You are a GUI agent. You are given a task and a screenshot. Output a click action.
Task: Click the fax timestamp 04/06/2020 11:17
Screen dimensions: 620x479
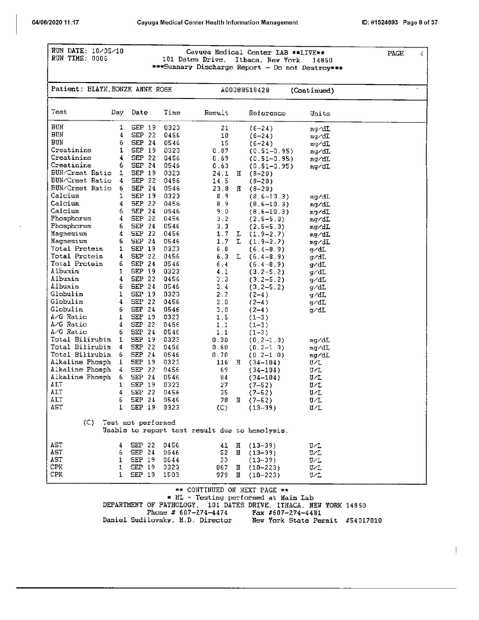pyautogui.click(x=55, y=22)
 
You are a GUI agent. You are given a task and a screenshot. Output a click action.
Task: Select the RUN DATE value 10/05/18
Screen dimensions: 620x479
pyautogui.click(x=108, y=51)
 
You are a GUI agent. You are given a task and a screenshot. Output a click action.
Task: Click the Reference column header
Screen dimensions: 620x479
pyautogui.click(x=267, y=113)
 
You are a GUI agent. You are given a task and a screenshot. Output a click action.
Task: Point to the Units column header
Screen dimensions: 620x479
pyautogui.click(x=320, y=114)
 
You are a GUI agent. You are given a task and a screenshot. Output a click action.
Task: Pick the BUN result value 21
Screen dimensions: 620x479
pyautogui.click(x=224, y=128)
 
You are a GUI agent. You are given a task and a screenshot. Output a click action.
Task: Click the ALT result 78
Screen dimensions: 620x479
pyautogui.click(x=224, y=401)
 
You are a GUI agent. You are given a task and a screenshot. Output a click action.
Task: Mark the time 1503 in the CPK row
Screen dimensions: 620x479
pyautogui.click(x=171, y=475)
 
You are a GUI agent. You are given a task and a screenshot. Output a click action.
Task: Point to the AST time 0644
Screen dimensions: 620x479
pyautogui.click(x=171, y=460)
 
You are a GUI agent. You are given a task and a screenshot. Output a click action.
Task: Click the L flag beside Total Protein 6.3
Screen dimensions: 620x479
pyautogui.click(x=239, y=257)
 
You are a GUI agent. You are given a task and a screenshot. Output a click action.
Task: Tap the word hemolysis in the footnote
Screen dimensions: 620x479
pyautogui.click(x=267, y=430)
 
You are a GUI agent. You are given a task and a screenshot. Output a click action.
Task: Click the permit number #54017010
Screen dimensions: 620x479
pyautogui.click(x=363, y=520)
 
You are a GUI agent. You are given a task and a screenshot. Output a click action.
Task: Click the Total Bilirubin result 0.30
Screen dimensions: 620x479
pyautogui.click(x=220, y=340)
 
